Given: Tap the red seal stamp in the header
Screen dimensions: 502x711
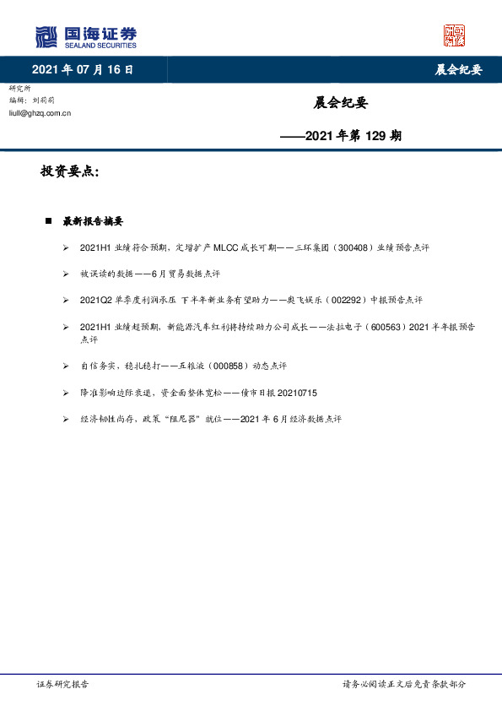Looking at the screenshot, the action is pos(454,35).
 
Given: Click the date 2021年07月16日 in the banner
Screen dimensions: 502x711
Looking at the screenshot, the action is pos(83,69).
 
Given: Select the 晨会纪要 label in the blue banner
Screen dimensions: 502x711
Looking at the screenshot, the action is pos(458,70).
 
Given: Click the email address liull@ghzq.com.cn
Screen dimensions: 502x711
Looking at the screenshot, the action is pos(40,112).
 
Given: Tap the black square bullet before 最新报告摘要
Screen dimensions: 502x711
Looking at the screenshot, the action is pos(49,221).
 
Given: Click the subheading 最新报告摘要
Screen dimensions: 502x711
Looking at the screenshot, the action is pos(93,221).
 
